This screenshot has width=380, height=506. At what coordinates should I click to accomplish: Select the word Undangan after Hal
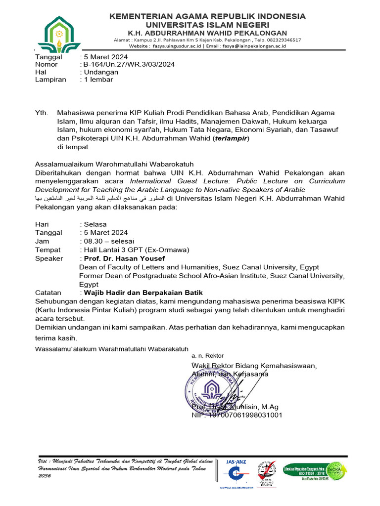coord(102,72)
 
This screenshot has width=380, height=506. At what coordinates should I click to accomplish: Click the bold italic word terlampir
coord(231,138)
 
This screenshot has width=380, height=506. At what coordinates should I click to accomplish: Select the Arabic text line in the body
coord(101,198)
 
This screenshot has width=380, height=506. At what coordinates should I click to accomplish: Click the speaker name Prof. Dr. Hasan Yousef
coord(124,258)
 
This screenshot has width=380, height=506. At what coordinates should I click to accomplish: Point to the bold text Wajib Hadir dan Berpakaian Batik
coord(143,293)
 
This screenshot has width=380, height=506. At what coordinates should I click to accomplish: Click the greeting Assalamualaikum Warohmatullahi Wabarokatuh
coord(114,164)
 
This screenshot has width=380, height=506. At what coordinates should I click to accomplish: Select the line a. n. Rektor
coord(207,356)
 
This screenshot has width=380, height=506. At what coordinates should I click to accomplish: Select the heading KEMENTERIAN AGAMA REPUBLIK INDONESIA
coord(207,16)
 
